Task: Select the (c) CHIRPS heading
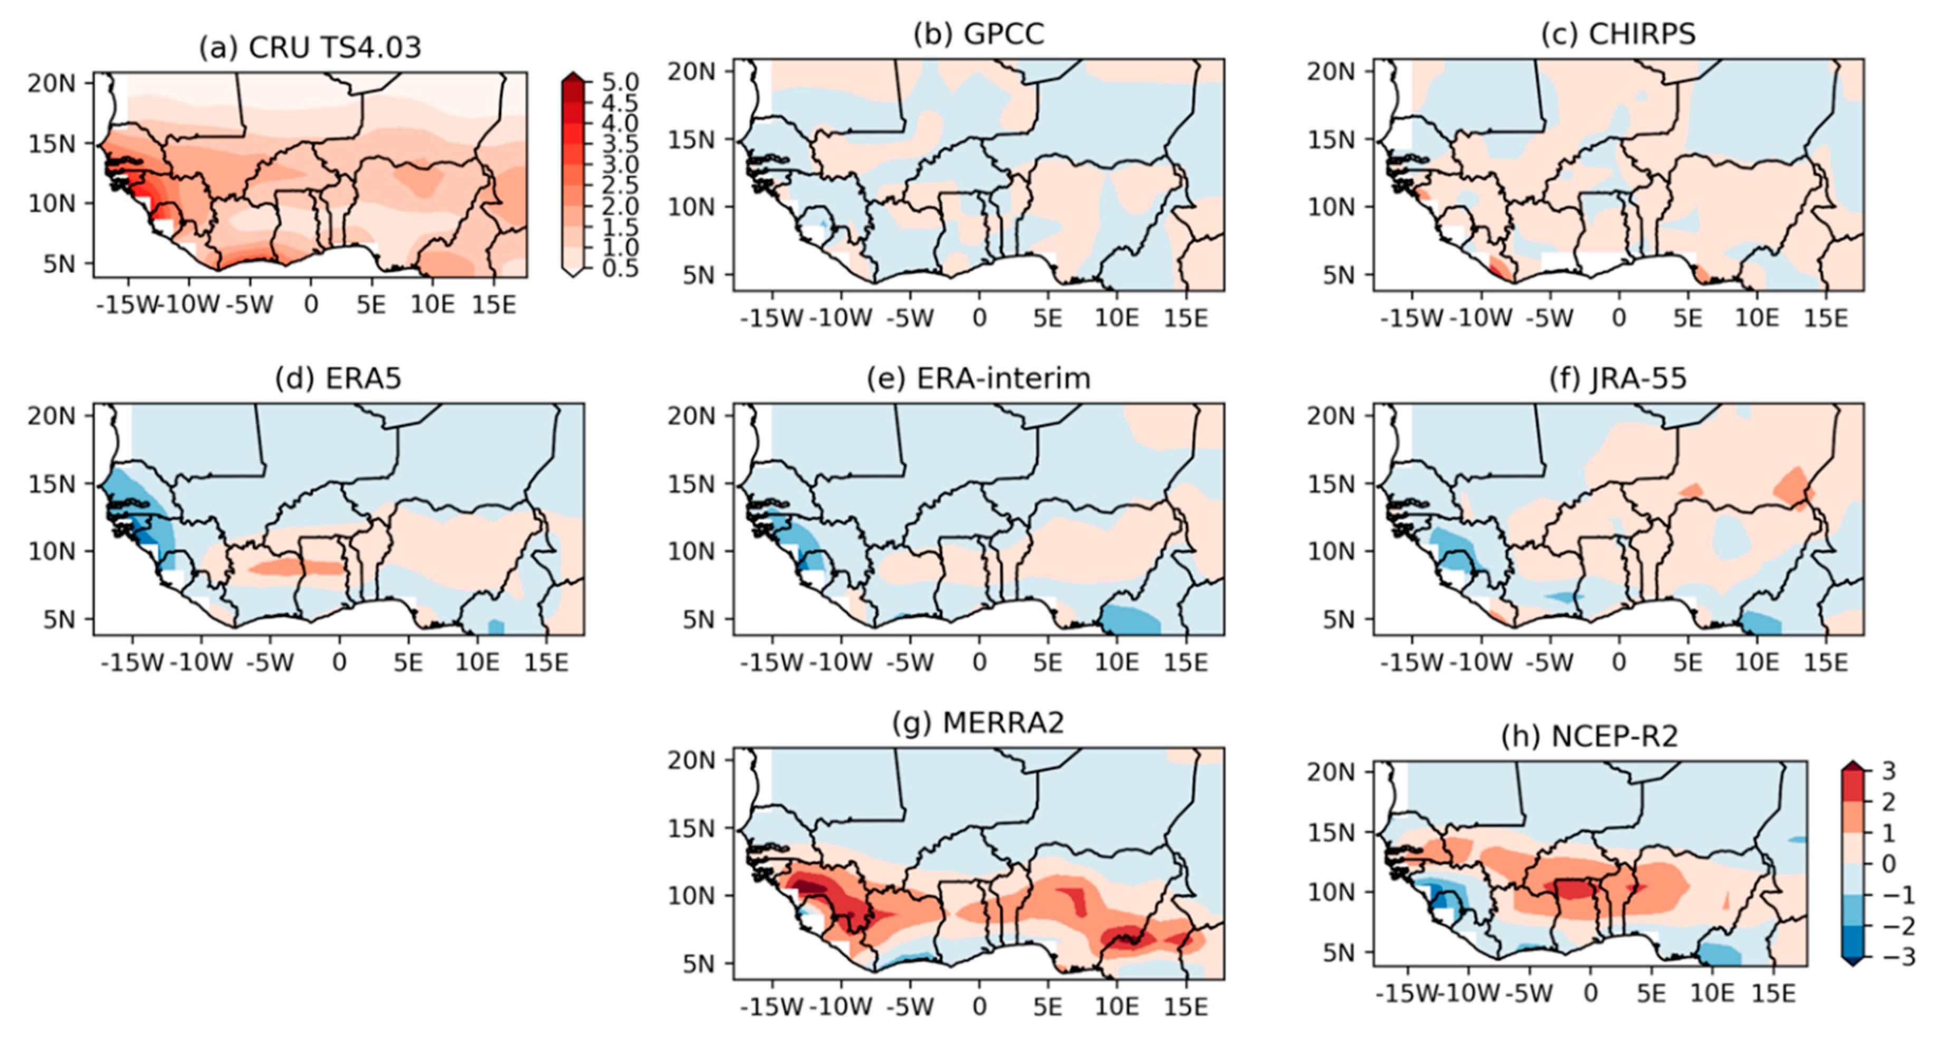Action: [x=1618, y=34]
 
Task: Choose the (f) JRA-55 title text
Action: [x=1618, y=378]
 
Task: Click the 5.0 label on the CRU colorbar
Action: [x=620, y=82]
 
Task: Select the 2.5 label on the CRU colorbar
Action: [x=620, y=185]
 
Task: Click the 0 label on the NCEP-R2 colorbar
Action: [x=1889, y=864]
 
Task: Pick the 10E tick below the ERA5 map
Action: [x=477, y=662]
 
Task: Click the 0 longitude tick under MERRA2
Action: [x=979, y=1006]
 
